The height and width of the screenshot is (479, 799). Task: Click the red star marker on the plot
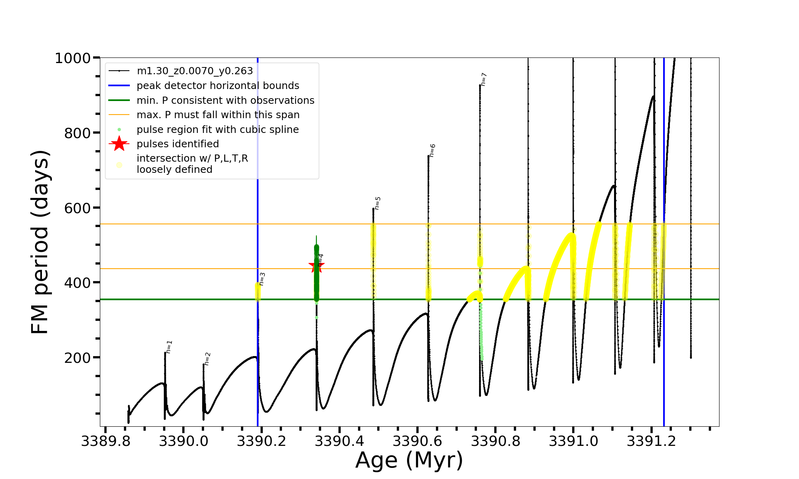(x=316, y=266)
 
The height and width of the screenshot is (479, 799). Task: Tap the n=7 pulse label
(x=483, y=79)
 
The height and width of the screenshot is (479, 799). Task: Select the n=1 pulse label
(x=169, y=347)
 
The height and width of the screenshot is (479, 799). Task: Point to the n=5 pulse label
(x=378, y=203)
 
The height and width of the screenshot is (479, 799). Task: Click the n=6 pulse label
(x=432, y=150)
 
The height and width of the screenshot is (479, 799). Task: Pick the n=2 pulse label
(x=207, y=359)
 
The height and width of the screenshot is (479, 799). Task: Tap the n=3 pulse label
(x=262, y=279)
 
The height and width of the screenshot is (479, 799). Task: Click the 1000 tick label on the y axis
(x=73, y=58)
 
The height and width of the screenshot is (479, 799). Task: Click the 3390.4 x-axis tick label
(x=340, y=441)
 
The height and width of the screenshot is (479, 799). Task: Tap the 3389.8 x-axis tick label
(x=105, y=441)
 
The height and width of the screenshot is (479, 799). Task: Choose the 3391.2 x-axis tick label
(x=652, y=441)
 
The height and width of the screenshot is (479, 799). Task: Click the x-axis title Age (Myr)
(x=409, y=460)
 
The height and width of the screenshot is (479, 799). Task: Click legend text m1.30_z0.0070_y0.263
(x=195, y=71)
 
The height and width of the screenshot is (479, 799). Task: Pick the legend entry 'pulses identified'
(x=178, y=144)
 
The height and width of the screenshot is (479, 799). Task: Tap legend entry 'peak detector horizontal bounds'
(x=218, y=86)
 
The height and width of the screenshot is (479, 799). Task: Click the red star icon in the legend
(x=119, y=144)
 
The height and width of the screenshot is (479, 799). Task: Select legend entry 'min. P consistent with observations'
(x=225, y=100)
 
